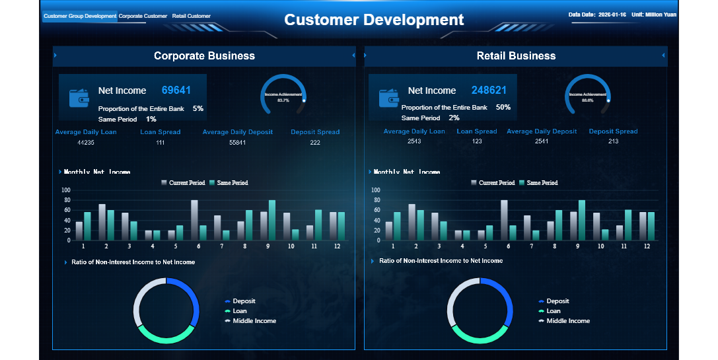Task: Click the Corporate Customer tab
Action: tap(143, 16)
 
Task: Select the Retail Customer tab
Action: tap(191, 16)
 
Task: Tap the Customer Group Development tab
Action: tap(80, 16)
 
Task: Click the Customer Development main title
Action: tap(374, 20)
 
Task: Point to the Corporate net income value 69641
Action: tap(176, 90)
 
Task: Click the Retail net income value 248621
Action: tap(489, 90)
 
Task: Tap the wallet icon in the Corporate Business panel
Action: tap(79, 98)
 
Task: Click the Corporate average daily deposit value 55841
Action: tap(237, 142)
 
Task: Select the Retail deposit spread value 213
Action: tap(613, 142)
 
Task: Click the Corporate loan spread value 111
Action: tap(161, 142)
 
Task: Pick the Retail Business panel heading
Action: tap(516, 56)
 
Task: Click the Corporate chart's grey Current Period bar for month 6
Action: tap(194, 220)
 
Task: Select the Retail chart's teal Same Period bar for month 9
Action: tap(582, 220)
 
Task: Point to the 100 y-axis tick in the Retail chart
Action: tap(376, 190)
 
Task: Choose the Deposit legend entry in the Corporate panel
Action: tap(244, 301)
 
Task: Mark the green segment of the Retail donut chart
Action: tap(480, 336)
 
